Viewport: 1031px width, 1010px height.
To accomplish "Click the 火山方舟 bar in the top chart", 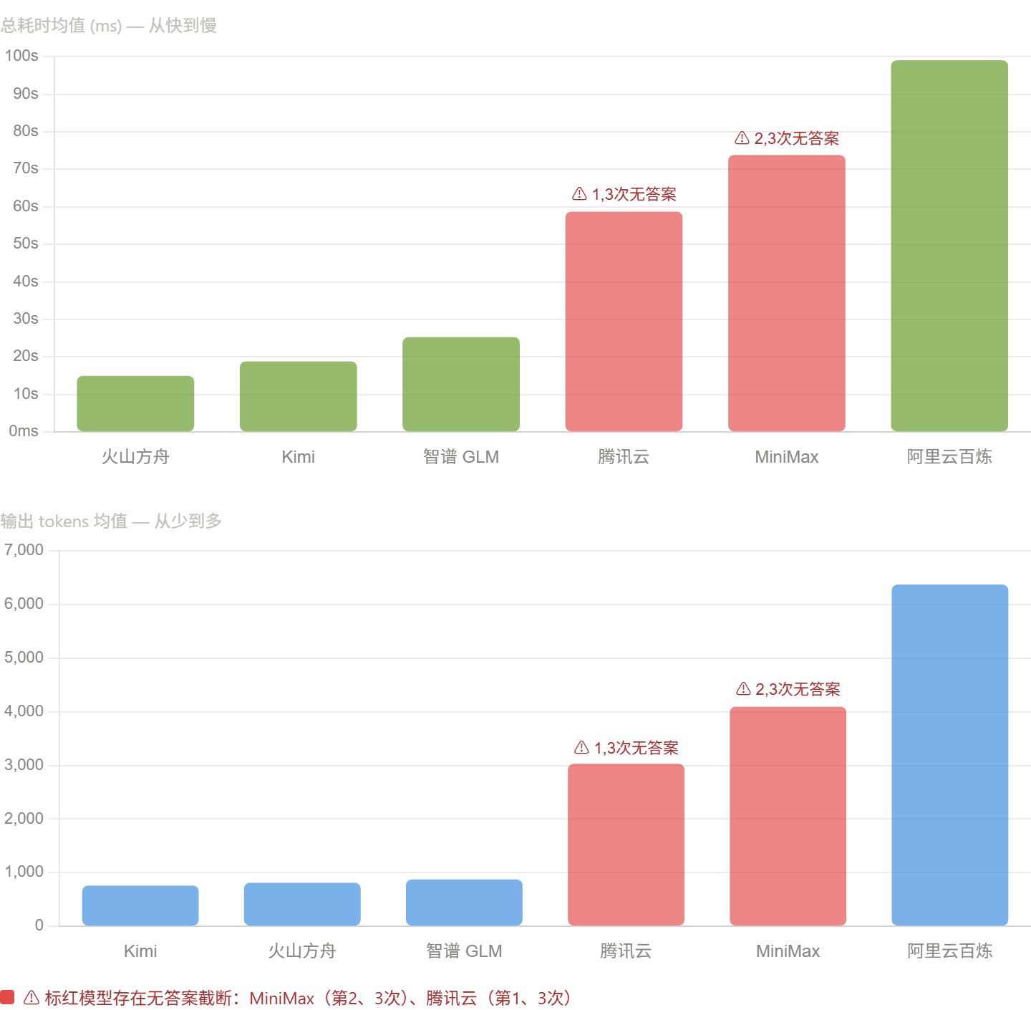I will pos(135,403).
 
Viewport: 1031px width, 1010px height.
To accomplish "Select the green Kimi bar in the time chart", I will pos(298,396).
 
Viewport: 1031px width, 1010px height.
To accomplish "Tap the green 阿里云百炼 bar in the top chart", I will pos(949,246).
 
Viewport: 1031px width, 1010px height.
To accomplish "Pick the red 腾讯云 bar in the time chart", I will pos(624,321).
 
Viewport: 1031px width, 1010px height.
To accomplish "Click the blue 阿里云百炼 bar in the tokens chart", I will pos(949,755).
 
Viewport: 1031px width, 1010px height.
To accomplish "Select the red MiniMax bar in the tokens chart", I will pos(788,816).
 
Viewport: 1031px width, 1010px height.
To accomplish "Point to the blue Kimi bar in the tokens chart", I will pos(140,905).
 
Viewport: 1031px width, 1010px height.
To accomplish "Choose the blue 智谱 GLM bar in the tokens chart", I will pos(464,903).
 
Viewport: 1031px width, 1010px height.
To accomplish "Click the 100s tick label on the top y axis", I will pos(21,56).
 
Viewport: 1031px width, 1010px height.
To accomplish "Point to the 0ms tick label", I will pos(23,431).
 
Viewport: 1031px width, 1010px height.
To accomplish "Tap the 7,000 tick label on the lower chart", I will pos(24,550).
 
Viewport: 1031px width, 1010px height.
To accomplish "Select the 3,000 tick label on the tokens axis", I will pos(24,765).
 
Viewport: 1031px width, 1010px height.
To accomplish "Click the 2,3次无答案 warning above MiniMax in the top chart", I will pos(787,138).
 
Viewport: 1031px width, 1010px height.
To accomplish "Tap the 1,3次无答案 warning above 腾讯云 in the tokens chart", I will pos(626,748).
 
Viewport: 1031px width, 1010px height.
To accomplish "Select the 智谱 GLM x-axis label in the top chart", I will pos(460,457).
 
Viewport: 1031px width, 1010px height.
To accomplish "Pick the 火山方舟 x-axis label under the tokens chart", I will pos(302,951).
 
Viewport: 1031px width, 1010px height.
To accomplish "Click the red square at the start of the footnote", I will pos(7,997).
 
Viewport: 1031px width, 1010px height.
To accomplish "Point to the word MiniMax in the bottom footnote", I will pos(281,998).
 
